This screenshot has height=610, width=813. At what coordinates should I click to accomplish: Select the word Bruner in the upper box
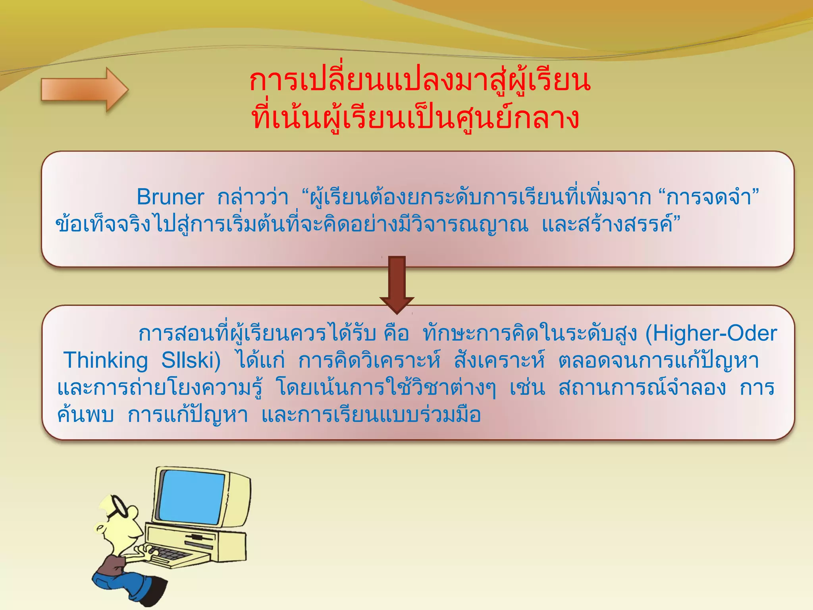tap(170, 197)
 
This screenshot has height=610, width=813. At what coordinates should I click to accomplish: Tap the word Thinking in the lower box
tap(106, 361)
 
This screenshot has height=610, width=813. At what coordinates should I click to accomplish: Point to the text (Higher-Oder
tap(711, 334)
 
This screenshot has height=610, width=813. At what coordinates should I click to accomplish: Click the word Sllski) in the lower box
tap(191, 361)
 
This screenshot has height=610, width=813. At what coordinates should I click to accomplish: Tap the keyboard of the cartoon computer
tap(167, 552)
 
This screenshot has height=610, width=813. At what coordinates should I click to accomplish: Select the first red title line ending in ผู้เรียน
tap(420, 81)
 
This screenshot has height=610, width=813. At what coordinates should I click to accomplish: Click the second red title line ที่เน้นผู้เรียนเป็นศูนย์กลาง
tap(415, 118)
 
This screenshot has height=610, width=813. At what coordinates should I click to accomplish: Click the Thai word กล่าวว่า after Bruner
tap(252, 197)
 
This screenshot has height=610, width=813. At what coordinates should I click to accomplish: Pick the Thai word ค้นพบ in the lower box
tap(86, 415)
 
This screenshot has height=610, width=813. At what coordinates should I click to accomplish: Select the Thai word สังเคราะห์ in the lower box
tap(499, 361)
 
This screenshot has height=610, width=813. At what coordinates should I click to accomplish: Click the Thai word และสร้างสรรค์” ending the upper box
tap(611, 225)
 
